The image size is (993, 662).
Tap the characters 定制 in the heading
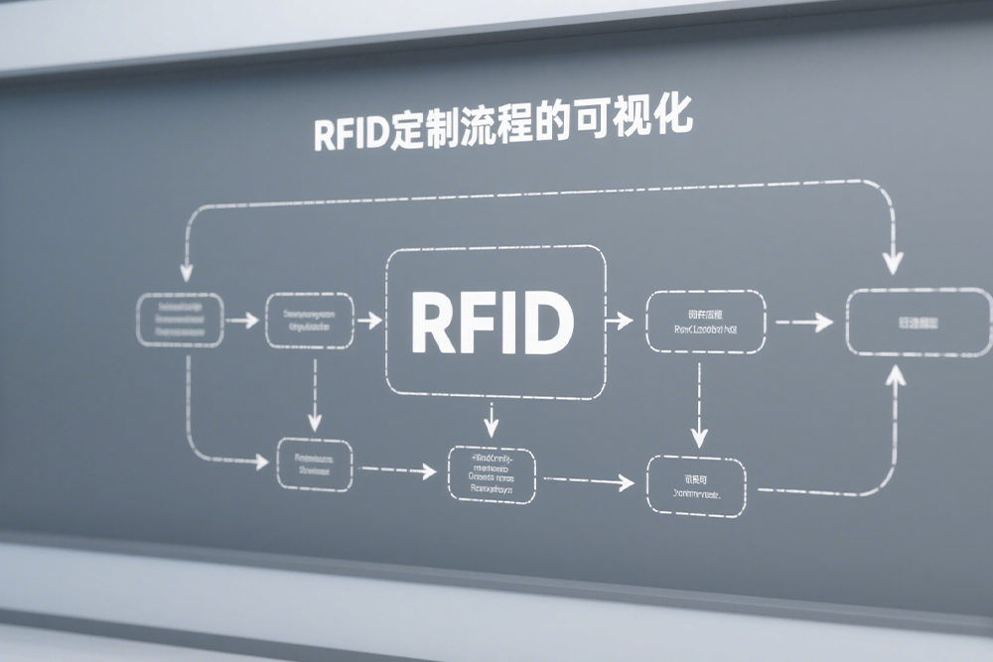421,130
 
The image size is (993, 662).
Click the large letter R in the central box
430,324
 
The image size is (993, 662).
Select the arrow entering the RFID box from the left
368,321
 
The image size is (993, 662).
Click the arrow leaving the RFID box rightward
618,321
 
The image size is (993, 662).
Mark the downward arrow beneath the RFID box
490,419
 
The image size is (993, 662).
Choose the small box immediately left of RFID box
309,320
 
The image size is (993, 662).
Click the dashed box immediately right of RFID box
705,321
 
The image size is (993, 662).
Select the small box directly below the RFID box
491,475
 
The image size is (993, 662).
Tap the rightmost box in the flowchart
919,324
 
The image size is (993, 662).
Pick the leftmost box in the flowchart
179,320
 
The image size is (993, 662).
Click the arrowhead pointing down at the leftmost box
184,271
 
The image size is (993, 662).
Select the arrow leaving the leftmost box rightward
239,320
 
